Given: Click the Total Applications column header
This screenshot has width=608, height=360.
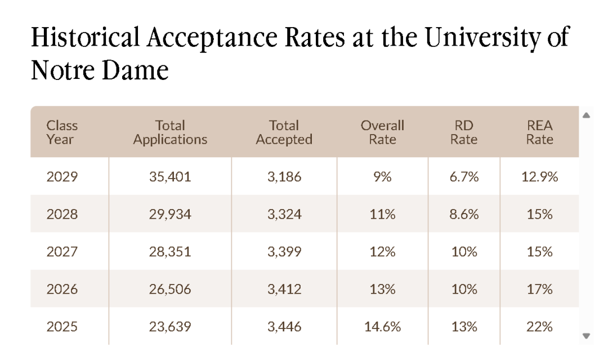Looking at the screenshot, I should click(x=170, y=132).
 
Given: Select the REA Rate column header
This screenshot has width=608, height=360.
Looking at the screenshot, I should click(x=539, y=132).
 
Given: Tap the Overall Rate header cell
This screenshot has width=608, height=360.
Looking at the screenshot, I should click(x=382, y=132).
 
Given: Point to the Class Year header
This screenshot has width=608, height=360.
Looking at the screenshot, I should click(x=62, y=132).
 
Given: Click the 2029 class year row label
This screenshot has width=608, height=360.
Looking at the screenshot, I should click(x=62, y=177).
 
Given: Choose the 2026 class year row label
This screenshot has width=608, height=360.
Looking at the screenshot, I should click(x=62, y=289).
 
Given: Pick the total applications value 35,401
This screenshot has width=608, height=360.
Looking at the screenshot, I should click(x=170, y=177).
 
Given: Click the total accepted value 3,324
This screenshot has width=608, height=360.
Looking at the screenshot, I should click(x=284, y=215).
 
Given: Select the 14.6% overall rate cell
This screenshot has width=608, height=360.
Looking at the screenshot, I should click(x=382, y=327).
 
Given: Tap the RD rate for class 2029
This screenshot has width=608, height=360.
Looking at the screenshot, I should click(x=464, y=177).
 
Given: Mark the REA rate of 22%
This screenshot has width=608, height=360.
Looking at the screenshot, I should click(x=539, y=327).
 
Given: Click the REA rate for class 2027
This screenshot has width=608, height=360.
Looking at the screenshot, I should click(x=539, y=252).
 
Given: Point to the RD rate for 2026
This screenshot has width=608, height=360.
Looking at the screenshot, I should click(x=464, y=289).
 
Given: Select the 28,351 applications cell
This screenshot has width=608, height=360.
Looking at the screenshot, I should click(x=170, y=252).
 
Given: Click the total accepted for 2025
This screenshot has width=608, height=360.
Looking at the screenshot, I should click(x=284, y=327).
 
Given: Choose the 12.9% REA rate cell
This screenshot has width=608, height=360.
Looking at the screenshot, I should click(x=539, y=177).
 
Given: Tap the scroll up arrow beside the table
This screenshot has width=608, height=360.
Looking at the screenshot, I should click(x=586, y=115).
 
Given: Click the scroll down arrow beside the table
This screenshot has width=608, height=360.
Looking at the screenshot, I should click(x=586, y=336).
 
